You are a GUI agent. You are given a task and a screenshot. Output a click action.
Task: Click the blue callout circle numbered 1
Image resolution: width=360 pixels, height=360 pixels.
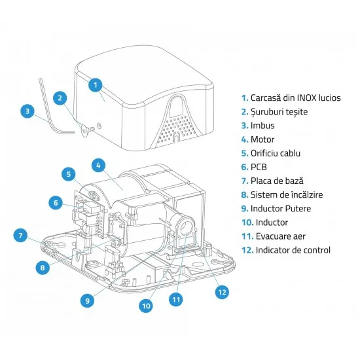(x=96, y=85)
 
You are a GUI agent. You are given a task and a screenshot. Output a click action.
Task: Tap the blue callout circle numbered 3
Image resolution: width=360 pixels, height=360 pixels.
(x=27, y=111)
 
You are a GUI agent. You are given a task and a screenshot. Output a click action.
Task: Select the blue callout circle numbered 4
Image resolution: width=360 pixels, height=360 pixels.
(x=98, y=166)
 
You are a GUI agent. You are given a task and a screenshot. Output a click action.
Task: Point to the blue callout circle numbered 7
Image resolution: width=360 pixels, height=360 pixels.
(x=20, y=236)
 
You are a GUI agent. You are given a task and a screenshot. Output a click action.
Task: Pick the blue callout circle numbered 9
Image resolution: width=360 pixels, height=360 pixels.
(x=88, y=301)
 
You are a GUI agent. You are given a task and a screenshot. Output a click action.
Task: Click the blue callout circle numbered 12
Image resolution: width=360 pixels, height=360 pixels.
(x=222, y=292)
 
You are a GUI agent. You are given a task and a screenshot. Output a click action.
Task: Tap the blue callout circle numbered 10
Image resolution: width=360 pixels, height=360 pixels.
(x=146, y=306)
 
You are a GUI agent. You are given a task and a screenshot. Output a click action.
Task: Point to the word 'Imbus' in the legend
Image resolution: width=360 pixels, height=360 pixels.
(x=262, y=126)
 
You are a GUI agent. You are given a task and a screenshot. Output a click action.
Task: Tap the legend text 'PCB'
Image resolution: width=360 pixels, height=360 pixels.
(x=259, y=167)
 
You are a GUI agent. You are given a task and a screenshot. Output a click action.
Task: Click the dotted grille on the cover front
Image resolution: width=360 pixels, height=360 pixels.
(x=175, y=128)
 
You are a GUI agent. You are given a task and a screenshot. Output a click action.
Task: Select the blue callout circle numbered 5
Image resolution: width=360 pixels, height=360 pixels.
(x=69, y=174)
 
